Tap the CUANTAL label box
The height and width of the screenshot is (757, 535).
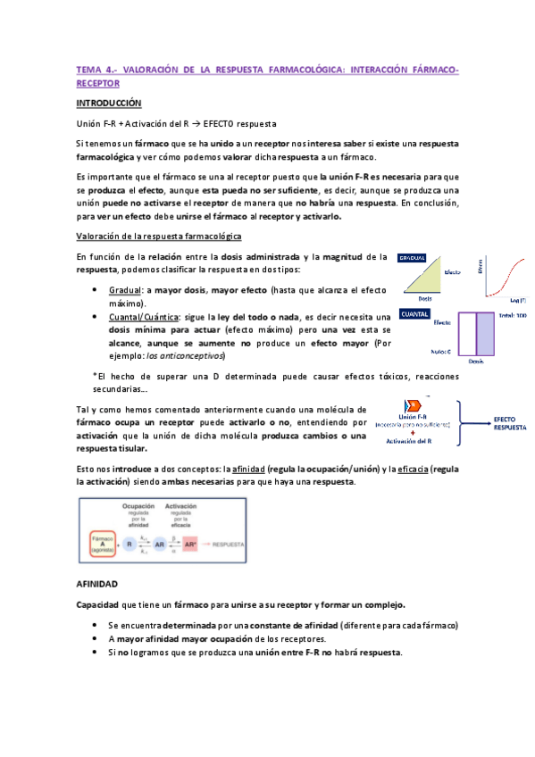click(x=415, y=314)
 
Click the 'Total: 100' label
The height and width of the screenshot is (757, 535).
click(x=514, y=317)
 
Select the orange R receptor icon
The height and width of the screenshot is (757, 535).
click(x=412, y=406)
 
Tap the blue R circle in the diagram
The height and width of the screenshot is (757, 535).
click(x=131, y=543)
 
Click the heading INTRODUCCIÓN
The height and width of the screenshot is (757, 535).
click(x=109, y=104)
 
